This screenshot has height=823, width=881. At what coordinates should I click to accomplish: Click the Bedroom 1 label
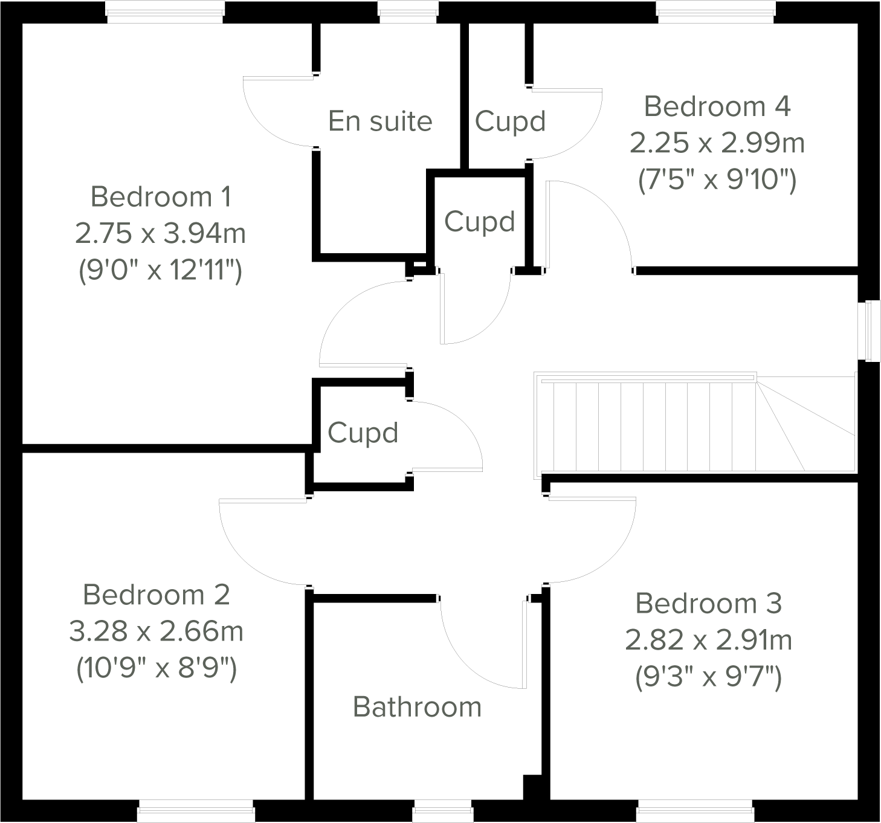click(x=161, y=197)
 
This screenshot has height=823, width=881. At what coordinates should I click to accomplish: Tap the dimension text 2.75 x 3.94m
click(x=161, y=233)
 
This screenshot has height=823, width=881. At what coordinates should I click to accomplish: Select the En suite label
click(x=380, y=121)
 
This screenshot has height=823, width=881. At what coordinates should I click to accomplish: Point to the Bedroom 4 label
click(x=717, y=106)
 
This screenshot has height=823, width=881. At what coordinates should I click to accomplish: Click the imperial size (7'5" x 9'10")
click(x=717, y=179)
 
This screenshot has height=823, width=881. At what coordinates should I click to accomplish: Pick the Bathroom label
click(x=417, y=707)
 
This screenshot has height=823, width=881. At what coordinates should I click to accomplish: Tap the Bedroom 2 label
click(x=157, y=595)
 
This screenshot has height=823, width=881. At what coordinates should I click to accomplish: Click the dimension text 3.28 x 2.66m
click(x=157, y=631)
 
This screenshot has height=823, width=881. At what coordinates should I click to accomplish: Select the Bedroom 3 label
click(x=709, y=604)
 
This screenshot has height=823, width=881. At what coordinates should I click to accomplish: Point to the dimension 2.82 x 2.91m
click(x=709, y=640)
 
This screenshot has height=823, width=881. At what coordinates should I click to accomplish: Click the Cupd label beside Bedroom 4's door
click(x=510, y=121)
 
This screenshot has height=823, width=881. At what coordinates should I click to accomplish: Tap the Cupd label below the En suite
click(x=479, y=222)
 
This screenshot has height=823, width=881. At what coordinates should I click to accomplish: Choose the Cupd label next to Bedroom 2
click(x=363, y=433)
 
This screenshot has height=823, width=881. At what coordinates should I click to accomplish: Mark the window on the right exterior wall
click(x=869, y=331)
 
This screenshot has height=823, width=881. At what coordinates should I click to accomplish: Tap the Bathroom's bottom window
click(x=442, y=811)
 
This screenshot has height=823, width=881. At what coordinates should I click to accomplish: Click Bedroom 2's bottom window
click(x=196, y=811)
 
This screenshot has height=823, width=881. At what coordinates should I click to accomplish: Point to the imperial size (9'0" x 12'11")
click(x=161, y=270)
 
